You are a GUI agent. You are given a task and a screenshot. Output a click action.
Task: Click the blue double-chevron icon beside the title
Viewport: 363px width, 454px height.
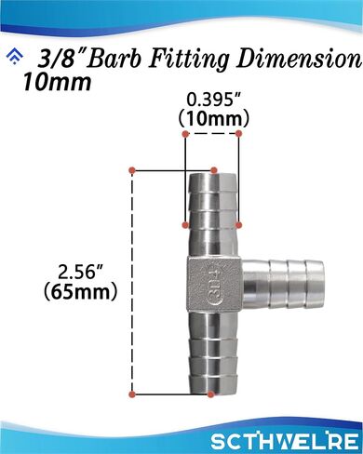point(15,57)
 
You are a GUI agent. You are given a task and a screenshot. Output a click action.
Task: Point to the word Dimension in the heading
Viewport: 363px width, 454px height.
point(299,59)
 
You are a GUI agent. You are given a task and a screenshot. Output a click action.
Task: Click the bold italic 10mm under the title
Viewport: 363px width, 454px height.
point(57,82)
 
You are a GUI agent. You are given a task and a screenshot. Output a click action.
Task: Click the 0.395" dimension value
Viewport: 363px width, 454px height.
point(214,100)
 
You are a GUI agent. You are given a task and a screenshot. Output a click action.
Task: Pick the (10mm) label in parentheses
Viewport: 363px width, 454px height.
point(214,119)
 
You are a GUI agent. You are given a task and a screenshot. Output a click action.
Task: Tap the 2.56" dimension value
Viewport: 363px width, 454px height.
point(81,274)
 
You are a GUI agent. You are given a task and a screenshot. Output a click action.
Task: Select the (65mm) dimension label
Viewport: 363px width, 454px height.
point(81,292)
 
